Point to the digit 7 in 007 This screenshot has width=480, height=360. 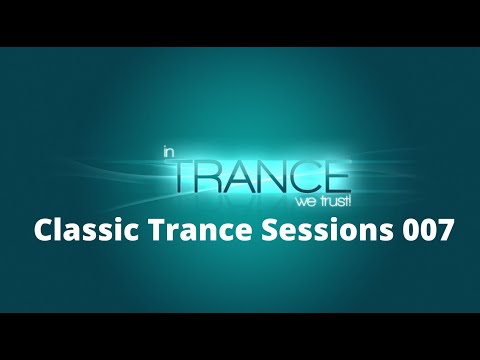point(443,231)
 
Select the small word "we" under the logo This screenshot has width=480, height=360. point(300,200)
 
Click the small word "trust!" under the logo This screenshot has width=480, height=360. point(330,200)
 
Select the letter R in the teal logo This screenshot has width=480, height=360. point(211,175)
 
